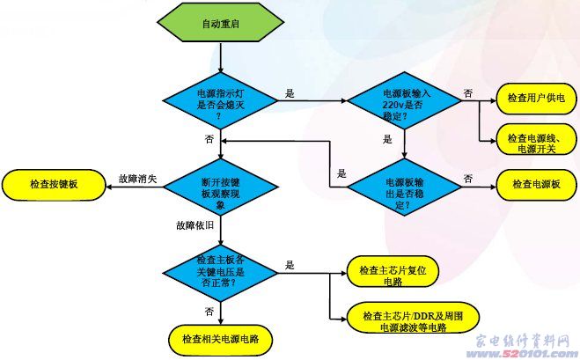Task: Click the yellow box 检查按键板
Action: point(53,185)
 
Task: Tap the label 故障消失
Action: point(137,179)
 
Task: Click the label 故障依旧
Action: point(195,226)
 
